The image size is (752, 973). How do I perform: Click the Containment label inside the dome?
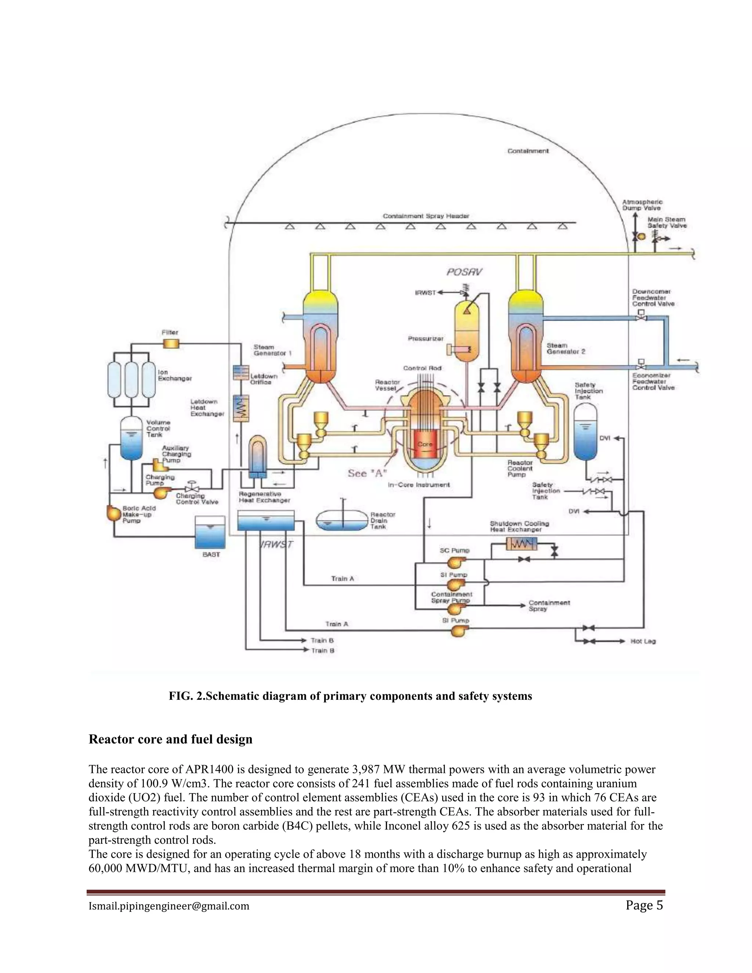[528, 151]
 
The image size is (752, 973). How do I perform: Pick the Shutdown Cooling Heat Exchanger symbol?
[521, 543]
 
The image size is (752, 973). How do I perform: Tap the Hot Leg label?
[643, 641]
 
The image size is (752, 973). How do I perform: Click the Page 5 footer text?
[644, 906]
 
